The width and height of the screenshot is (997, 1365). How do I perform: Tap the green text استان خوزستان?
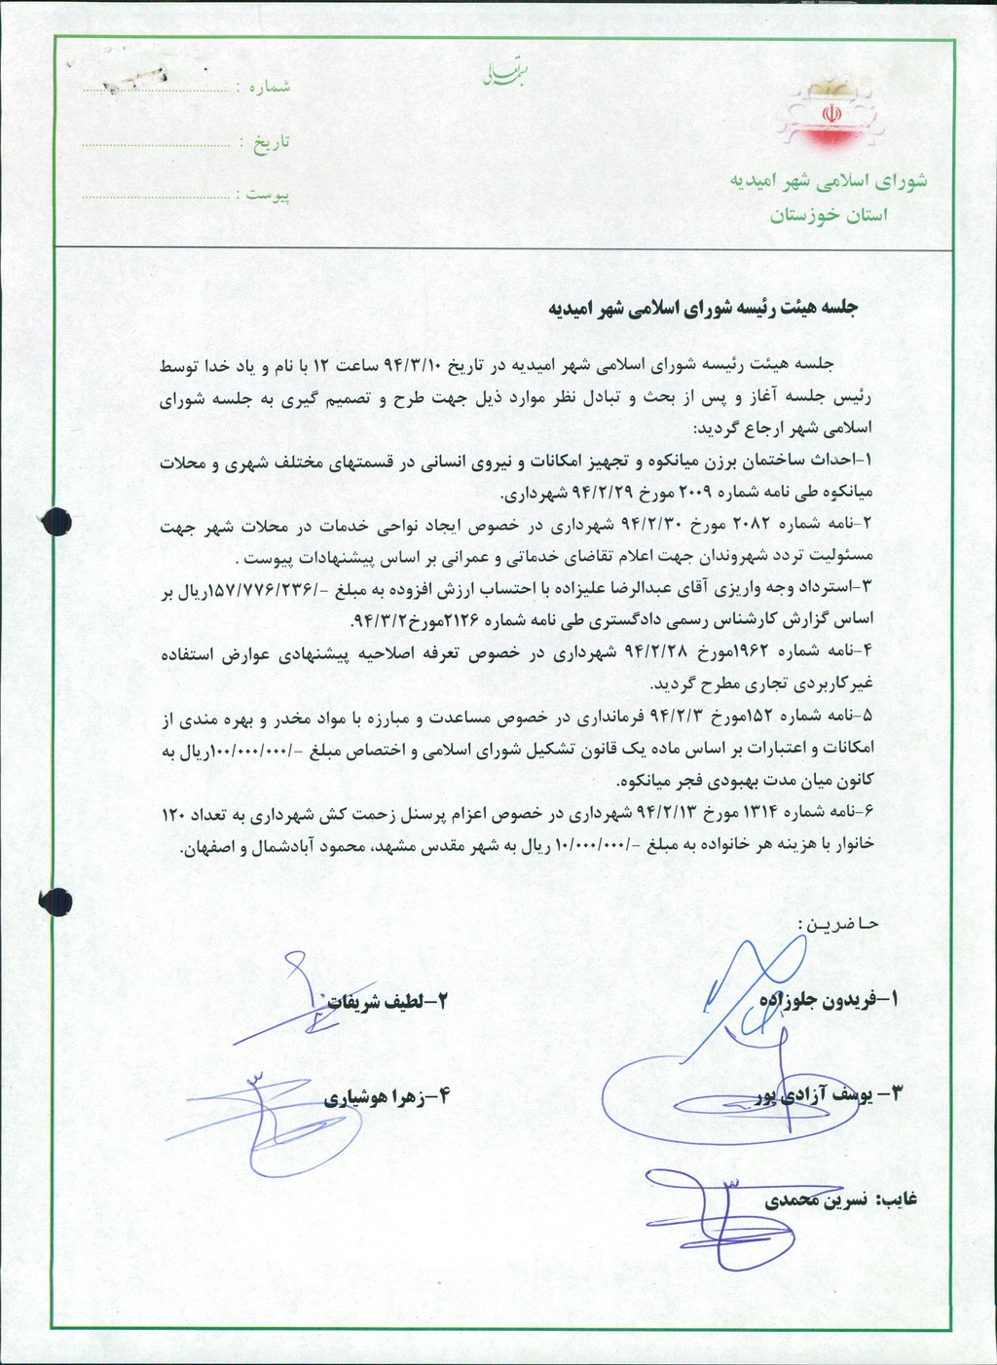[830, 216]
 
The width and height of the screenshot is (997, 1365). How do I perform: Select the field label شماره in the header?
[269, 88]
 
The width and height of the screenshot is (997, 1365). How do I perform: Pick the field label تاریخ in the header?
[272, 143]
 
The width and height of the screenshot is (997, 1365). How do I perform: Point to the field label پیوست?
[268, 196]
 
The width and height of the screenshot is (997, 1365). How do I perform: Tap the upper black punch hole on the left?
[52, 513]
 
